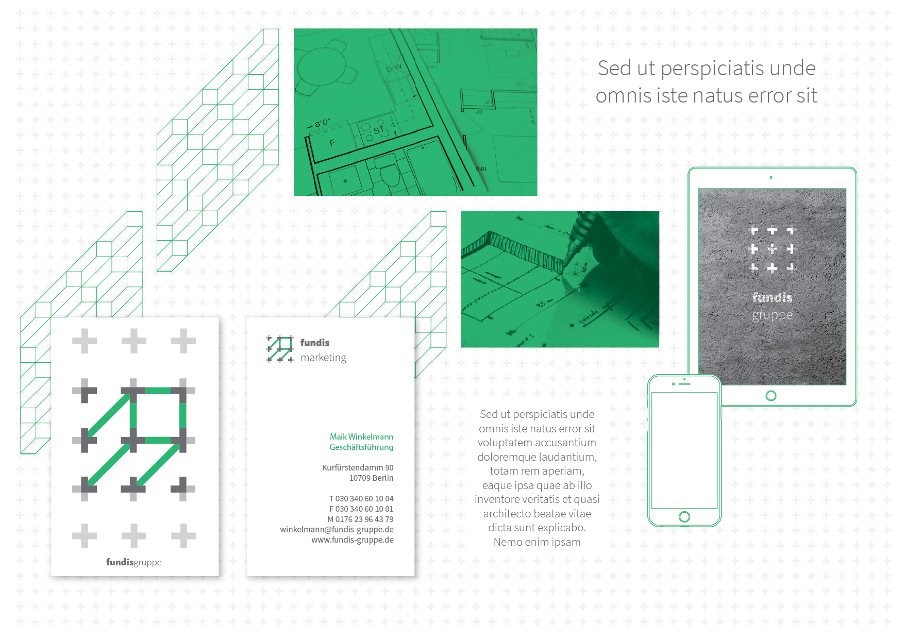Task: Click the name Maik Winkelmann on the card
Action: click(361, 437)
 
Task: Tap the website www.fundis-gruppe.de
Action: click(353, 540)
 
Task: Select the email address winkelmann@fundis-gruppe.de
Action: click(337, 530)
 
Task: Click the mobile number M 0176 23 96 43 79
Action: click(360, 519)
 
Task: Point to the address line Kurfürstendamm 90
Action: click(358, 468)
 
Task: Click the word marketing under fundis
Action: click(323, 358)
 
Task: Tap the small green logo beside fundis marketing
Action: click(280, 349)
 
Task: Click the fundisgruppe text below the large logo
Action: click(134, 562)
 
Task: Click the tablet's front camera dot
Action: click(771, 177)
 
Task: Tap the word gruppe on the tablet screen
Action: click(772, 315)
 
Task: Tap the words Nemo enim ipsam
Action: click(537, 542)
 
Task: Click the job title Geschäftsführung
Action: click(361, 447)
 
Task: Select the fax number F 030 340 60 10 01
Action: click(361, 509)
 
